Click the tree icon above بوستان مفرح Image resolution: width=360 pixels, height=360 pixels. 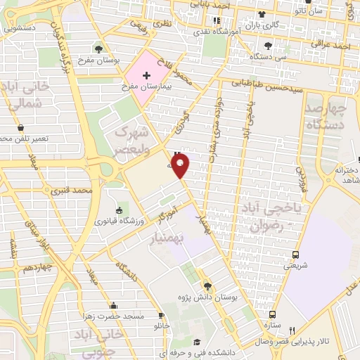98,49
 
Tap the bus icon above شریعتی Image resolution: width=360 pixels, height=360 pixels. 295,255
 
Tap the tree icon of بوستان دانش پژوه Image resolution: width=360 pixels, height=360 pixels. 207,286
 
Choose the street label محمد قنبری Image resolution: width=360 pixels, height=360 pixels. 77,191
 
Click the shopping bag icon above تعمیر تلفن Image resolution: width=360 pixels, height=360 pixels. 20,127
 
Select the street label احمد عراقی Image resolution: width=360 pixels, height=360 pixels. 333,46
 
